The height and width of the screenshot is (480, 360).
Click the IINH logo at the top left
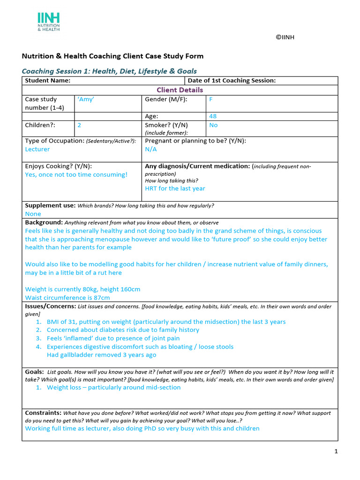pos(48,22)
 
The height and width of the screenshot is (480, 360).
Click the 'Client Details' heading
pos(180,90)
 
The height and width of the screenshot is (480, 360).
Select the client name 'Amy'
pos(85,99)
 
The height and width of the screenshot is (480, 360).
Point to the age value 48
pos(213,116)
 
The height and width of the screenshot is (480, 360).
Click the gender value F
pos(211,99)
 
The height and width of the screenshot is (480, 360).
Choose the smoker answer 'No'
pos(213,125)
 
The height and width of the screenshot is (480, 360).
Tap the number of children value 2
pos(79,125)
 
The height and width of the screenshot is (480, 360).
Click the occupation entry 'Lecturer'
pos(37,149)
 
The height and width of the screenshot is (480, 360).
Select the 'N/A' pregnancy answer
pos(151,149)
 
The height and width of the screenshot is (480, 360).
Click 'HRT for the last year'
pos(175,188)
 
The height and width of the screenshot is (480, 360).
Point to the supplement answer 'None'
pos(33,214)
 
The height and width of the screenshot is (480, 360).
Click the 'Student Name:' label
pos(47,81)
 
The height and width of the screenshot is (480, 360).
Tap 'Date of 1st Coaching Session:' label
pos(232,81)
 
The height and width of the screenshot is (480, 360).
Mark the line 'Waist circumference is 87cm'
pos(67,298)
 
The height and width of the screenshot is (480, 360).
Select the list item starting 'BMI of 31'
pos(166,322)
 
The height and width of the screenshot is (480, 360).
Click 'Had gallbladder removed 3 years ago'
pos(101,355)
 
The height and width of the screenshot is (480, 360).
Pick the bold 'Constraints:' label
pos(43,413)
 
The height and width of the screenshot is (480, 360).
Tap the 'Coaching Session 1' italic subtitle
pos(109,71)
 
